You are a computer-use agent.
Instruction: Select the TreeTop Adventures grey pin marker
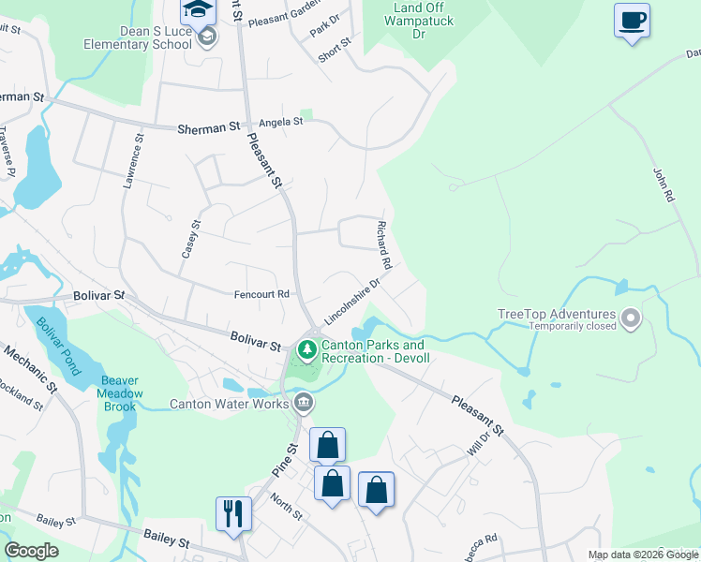[630, 320]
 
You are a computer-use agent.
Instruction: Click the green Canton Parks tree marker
[306, 349]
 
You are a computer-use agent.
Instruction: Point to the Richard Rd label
[383, 242]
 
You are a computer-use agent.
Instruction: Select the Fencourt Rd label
[261, 294]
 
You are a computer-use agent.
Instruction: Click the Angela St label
[281, 122]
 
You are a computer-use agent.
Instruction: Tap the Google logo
[31, 551]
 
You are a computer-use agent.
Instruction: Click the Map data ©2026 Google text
[643, 555]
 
